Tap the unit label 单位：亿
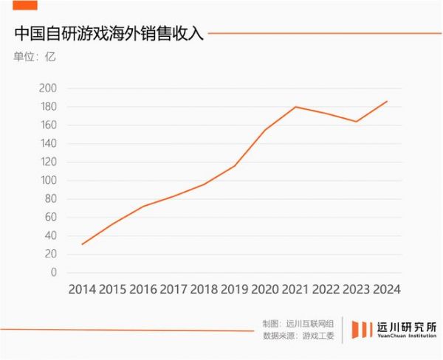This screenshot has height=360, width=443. click(34, 56)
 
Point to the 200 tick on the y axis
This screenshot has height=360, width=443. click(48, 89)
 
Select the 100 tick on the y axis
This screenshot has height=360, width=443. click(48, 181)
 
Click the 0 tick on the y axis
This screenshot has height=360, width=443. click(53, 272)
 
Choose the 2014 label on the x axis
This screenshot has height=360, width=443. click(83, 290)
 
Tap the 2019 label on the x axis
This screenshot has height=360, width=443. click(235, 290)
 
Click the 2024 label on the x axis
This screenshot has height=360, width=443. click(386, 290)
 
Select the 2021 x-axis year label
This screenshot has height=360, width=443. click(295, 290)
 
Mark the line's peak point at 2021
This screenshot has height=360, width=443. click(295, 107)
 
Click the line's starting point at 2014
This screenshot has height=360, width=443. click(82, 244)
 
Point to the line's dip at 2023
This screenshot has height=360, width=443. click(356, 122)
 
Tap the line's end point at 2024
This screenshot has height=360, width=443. click(387, 102)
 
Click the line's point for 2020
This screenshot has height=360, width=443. click(265, 131)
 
